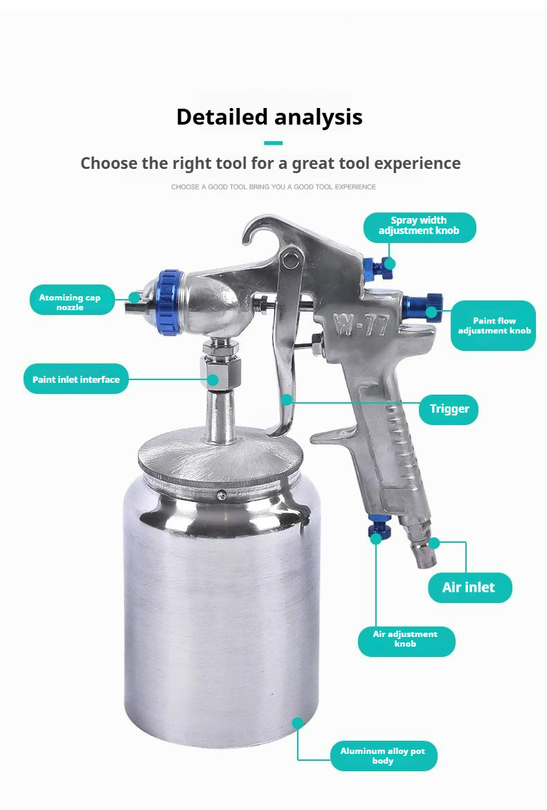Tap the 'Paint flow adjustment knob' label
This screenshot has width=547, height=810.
tap(494, 325)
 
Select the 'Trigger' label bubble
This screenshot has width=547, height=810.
tap(449, 409)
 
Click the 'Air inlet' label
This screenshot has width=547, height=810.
tap(469, 588)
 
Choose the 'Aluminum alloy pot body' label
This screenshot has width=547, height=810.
tap(384, 756)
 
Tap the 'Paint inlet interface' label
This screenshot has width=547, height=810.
tap(76, 379)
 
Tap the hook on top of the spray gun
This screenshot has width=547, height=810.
tap(258, 233)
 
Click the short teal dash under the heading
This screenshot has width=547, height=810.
tap(273, 143)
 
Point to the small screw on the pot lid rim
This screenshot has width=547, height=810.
tap(222, 495)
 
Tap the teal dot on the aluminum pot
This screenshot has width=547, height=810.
tap(298, 723)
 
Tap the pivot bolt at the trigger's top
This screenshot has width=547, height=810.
tap(290, 260)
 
